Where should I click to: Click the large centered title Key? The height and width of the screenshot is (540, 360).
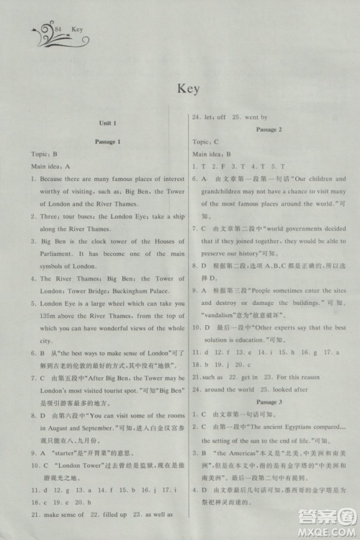click(186, 89)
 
